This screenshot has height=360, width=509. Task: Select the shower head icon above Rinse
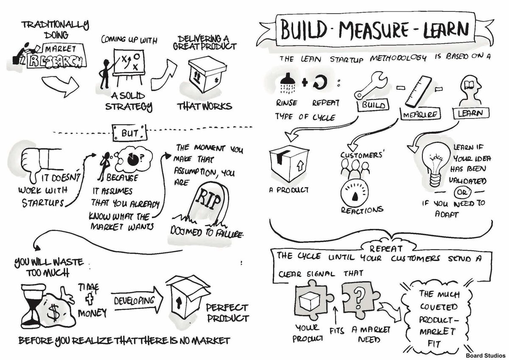coord(287,81)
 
